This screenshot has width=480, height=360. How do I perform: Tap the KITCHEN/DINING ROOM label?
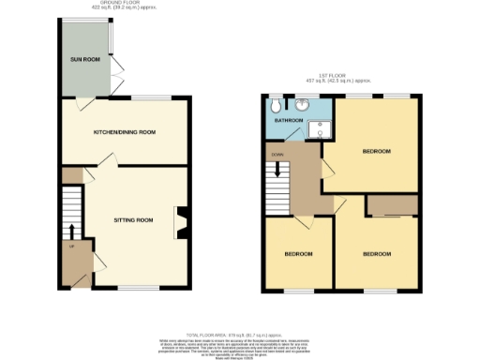pos(124,132)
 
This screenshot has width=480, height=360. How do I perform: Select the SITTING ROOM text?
pos(133,219)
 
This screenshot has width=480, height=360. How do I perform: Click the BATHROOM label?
pos(288,121)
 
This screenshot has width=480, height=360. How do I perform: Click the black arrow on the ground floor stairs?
pos(71,230)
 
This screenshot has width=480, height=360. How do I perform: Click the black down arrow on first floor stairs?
pos(277,171)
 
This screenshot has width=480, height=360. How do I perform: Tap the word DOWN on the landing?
pos(277,154)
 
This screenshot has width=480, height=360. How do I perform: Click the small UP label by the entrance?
pos(71,247)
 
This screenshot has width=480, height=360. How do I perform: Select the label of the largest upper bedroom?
pos(376,151)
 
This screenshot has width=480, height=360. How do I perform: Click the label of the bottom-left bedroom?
pos(298,254)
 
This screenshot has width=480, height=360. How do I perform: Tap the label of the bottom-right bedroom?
pos(376,254)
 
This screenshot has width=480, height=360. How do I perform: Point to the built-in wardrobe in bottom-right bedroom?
pos(392,205)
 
